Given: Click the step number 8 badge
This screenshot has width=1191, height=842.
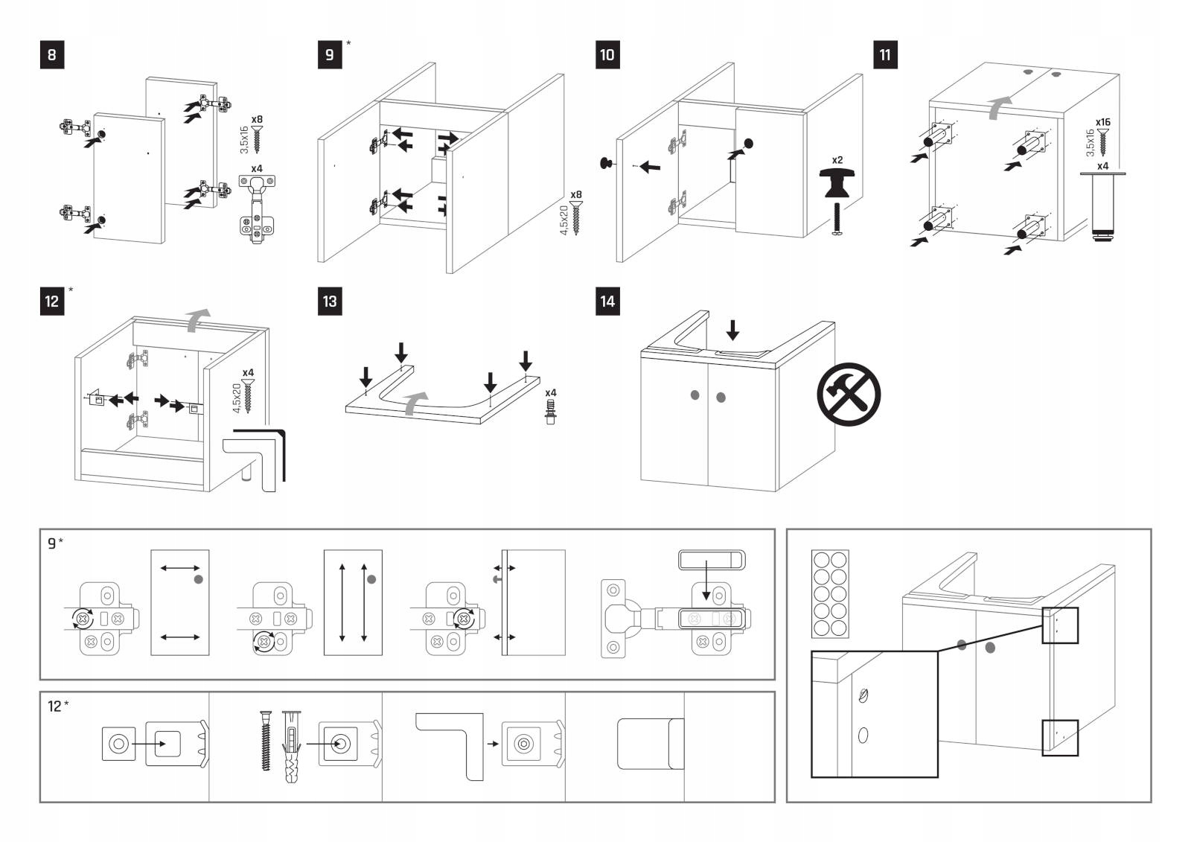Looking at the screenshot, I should click(x=51, y=55).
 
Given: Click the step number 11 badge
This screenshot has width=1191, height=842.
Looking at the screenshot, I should click(x=884, y=55).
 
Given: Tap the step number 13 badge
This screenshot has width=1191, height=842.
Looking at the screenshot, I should click(x=330, y=302).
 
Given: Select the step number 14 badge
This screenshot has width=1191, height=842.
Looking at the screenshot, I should click(x=607, y=302).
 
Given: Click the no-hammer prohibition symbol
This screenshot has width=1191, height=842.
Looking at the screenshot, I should click(x=849, y=395).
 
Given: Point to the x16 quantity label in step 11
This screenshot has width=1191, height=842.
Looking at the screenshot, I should click(x=1102, y=122).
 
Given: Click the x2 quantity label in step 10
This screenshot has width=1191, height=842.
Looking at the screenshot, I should click(x=837, y=160).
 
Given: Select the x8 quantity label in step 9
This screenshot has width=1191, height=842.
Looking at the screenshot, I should click(x=576, y=195).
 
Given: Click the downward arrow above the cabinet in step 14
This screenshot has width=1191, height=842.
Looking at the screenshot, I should click(x=733, y=329).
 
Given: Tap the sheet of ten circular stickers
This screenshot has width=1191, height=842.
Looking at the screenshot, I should click(x=830, y=593).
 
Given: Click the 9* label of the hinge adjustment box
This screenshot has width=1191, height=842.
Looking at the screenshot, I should click(x=55, y=543).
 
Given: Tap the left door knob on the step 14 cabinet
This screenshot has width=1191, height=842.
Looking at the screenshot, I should click(x=695, y=395).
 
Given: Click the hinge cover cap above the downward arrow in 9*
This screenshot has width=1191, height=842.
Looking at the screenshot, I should click(x=712, y=559).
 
